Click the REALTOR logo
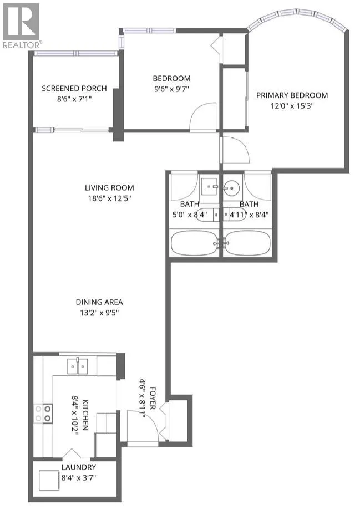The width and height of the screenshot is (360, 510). (21, 25)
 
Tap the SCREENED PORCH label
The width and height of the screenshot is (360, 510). (74, 88)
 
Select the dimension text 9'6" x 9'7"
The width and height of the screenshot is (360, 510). (171, 89)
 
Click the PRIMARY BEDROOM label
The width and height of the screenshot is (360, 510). (292, 95)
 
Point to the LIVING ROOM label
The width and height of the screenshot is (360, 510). (109, 188)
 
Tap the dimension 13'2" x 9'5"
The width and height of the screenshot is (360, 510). (99, 313)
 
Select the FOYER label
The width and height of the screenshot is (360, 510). (153, 398)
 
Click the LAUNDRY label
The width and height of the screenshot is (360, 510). (79, 467)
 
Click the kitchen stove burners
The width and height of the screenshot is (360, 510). (43, 413)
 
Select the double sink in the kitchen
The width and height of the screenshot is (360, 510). (78, 366)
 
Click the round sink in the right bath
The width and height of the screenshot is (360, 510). (231, 188)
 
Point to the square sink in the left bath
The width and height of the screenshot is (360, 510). (209, 186)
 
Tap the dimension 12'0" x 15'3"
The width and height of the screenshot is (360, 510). (292, 106)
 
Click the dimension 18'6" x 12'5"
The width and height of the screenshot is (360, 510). (109, 198)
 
